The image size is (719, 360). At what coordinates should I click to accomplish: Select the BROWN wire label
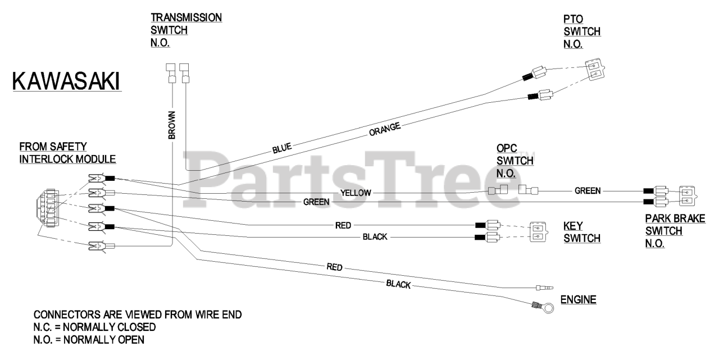coord(172,124)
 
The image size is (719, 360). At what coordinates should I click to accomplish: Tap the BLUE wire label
coord(282,149)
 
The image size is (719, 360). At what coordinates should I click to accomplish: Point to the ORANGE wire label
coord(385,129)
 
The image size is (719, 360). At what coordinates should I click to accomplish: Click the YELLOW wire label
coord(356,193)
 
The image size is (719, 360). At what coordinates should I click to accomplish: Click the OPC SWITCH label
coord(515,161)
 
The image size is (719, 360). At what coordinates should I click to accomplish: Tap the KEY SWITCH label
coord(581,232)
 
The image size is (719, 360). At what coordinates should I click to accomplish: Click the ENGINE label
coord(578,300)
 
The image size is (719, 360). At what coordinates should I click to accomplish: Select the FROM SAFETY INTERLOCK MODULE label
coord(67,152)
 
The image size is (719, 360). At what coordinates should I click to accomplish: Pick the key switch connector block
coord(537,231)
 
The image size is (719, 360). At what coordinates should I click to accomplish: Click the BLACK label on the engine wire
coord(398,284)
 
